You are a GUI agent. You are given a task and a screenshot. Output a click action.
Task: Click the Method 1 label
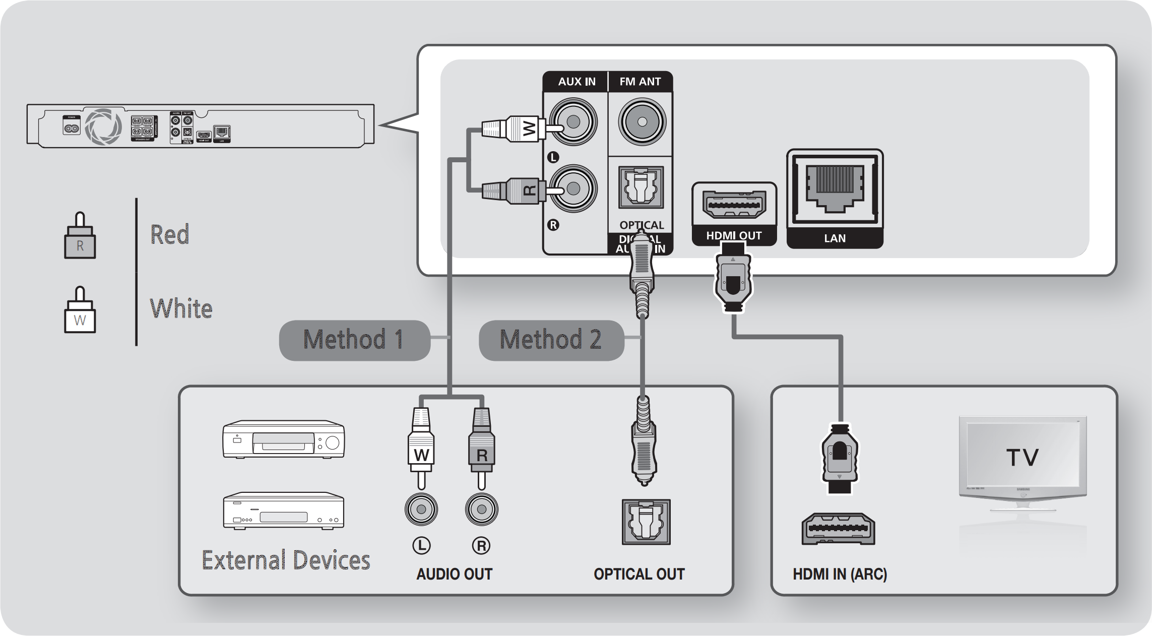(354, 340)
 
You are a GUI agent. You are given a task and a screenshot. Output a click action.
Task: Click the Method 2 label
(551, 340)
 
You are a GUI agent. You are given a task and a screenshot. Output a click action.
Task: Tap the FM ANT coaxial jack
(642, 122)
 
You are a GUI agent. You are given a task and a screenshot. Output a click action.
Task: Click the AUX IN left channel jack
(573, 122)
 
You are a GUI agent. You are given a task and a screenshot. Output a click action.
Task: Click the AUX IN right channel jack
(573, 189)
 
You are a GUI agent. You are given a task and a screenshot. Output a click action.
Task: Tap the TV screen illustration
(1022, 456)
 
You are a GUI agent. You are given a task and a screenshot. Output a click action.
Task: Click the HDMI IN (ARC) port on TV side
(838, 529)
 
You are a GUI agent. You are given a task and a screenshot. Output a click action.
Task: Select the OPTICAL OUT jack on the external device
(646, 522)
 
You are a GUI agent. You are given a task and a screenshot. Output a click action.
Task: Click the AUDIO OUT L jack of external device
(421, 509)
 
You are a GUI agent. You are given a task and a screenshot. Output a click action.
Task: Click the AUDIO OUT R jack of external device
(481, 509)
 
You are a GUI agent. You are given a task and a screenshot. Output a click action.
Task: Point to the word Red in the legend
(170, 235)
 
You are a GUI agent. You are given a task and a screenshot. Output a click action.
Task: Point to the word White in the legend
(181, 308)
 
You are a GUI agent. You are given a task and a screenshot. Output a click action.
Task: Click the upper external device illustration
(283, 439)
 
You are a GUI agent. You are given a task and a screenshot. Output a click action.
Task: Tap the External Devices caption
(286, 560)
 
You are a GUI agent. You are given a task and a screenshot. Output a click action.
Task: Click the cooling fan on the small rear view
(103, 126)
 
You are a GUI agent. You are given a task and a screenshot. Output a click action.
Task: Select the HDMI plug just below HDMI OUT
(733, 280)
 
